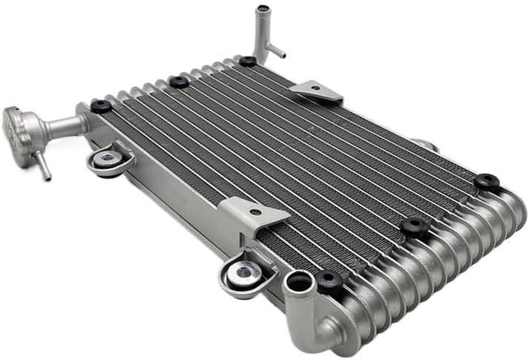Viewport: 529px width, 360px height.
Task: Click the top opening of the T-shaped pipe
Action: (x=261, y=10)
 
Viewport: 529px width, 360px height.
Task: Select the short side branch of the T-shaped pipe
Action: (x=275, y=51)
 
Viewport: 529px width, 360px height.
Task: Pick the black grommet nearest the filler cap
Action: (x=102, y=106)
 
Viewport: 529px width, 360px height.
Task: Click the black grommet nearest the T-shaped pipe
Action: (x=247, y=61)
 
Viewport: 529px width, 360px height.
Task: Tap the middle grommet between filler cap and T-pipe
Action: (x=179, y=82)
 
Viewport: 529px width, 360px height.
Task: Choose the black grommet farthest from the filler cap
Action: (x=487, y=180)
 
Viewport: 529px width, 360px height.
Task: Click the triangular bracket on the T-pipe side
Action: (x=318, y=92)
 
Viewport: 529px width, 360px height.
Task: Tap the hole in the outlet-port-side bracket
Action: (x=255, y=212)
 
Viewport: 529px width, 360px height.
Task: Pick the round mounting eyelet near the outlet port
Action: (x=241, y=273)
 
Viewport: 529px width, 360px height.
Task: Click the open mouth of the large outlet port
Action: (x=298, y=281)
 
